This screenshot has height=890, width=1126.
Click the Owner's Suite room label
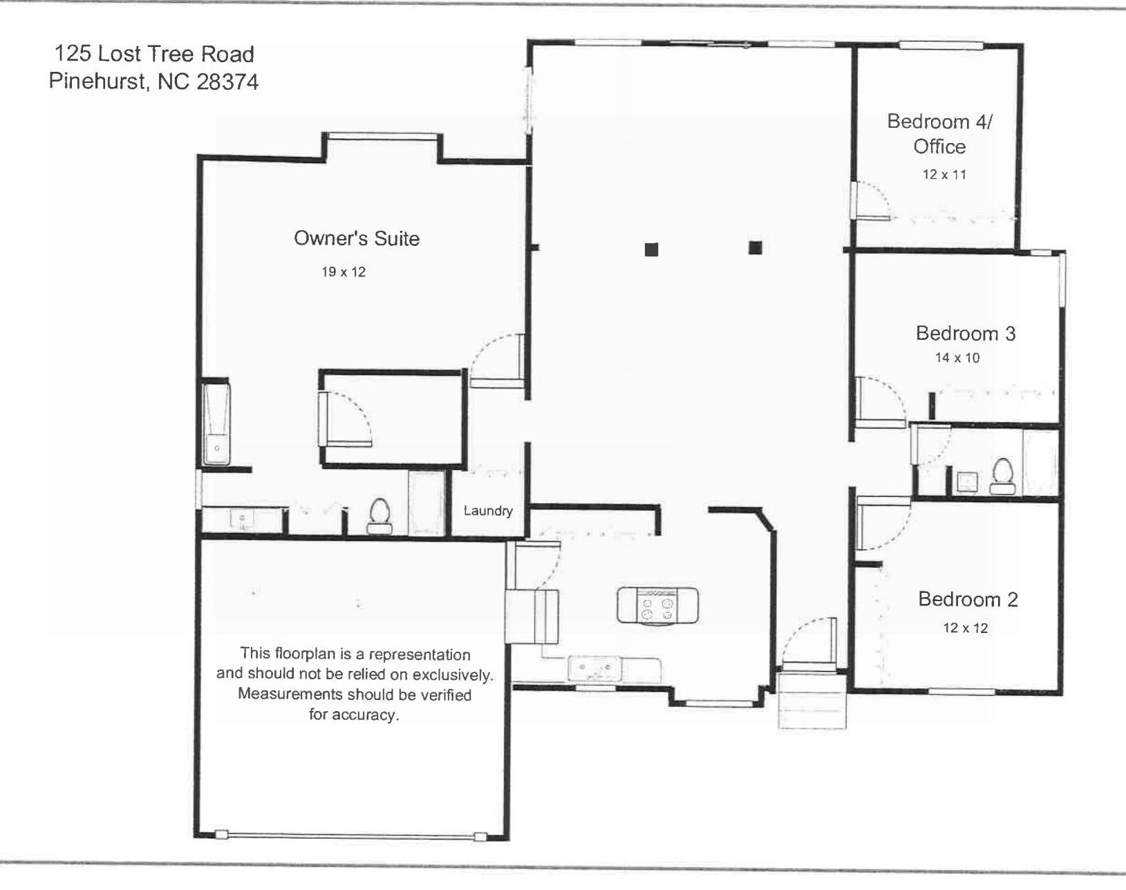click(x=357, y=238)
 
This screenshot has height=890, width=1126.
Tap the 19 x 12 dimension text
click(x=344, y=272)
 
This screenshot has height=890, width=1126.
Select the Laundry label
click(x=488, y=511)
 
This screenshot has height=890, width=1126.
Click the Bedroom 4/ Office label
click(x=939, y=133)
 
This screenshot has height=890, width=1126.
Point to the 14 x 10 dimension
click(x=957, y=358)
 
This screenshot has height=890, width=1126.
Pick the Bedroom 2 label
click(x=968, y=599)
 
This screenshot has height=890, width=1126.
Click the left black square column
click(x=651, y=249)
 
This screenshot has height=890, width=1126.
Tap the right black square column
click(x=756, y=247)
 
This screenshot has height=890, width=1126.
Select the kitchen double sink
click(x=594, y=668)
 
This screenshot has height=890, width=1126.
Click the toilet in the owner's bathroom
click(x=379, y=516)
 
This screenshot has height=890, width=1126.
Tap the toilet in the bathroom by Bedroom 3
click(x=1002, y=477)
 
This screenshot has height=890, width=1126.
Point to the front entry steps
click(x=812, y=699)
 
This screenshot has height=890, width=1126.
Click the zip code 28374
click(x=227, y=82)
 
